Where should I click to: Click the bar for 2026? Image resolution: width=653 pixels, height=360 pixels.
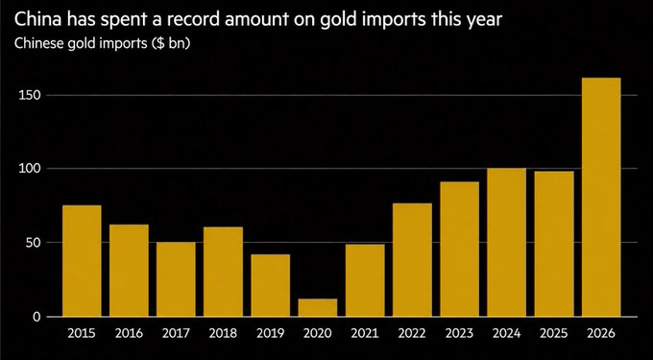tap(601, 197)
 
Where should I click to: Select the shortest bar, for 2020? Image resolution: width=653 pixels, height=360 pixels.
tap(318, 307)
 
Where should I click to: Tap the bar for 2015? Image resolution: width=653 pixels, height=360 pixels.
tap(82, 261)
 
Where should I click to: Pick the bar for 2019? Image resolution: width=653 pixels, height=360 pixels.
tap(270, 285)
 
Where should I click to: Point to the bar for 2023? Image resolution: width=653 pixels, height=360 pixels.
tap(459, 250)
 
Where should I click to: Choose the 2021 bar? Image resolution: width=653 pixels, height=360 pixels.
tap(365, 280)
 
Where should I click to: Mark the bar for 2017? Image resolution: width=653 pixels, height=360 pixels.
tap(176, 279)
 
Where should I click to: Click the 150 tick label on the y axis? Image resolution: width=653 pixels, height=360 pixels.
tap(32, 95)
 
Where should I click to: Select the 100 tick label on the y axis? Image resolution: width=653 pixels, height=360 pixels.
tap(32, 169)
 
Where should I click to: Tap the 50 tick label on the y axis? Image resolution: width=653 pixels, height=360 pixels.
tap(35, 242)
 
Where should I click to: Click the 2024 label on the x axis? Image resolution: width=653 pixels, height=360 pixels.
tap(506, 333)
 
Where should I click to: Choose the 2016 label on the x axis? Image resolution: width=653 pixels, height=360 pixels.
tap(129, 333)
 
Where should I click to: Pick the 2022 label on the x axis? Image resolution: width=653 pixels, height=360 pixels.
tap(412, 333)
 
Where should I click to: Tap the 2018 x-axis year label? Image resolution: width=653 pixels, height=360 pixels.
tap(223, 333)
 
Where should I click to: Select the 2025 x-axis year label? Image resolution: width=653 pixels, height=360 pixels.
tap(554, 333)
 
